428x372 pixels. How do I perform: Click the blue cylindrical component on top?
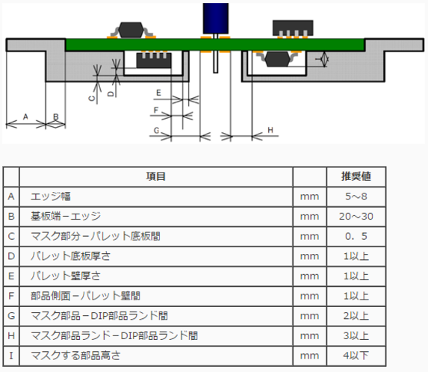click(216, 18)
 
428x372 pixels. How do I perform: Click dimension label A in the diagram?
click(25, 117)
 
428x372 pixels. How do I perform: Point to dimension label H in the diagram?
click(270, 130)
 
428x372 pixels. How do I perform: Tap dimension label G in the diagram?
click(156, 131)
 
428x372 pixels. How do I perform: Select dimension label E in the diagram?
click(158, 93)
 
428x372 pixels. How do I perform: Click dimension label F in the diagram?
click(156, 111)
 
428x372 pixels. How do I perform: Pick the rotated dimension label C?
click(92, 98)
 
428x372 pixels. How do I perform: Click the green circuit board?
click(215, 45)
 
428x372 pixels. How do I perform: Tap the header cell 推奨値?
click(356, 176)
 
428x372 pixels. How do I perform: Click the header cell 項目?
click(156, 176)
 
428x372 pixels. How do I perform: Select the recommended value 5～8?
click(356, 196)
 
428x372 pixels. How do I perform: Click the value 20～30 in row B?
click(356, 216)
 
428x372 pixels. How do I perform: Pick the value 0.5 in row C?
click(356, 236)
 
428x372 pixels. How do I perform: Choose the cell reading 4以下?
click(356, 356)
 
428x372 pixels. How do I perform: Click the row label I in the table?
click(11, 356)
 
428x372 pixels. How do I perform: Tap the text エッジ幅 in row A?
click(51, 196)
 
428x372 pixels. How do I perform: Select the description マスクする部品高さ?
click(75, 356)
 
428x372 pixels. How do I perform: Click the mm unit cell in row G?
click(309, 316)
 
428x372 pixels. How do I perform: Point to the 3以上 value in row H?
click(356, 335)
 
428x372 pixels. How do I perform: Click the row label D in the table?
click(11, 256)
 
